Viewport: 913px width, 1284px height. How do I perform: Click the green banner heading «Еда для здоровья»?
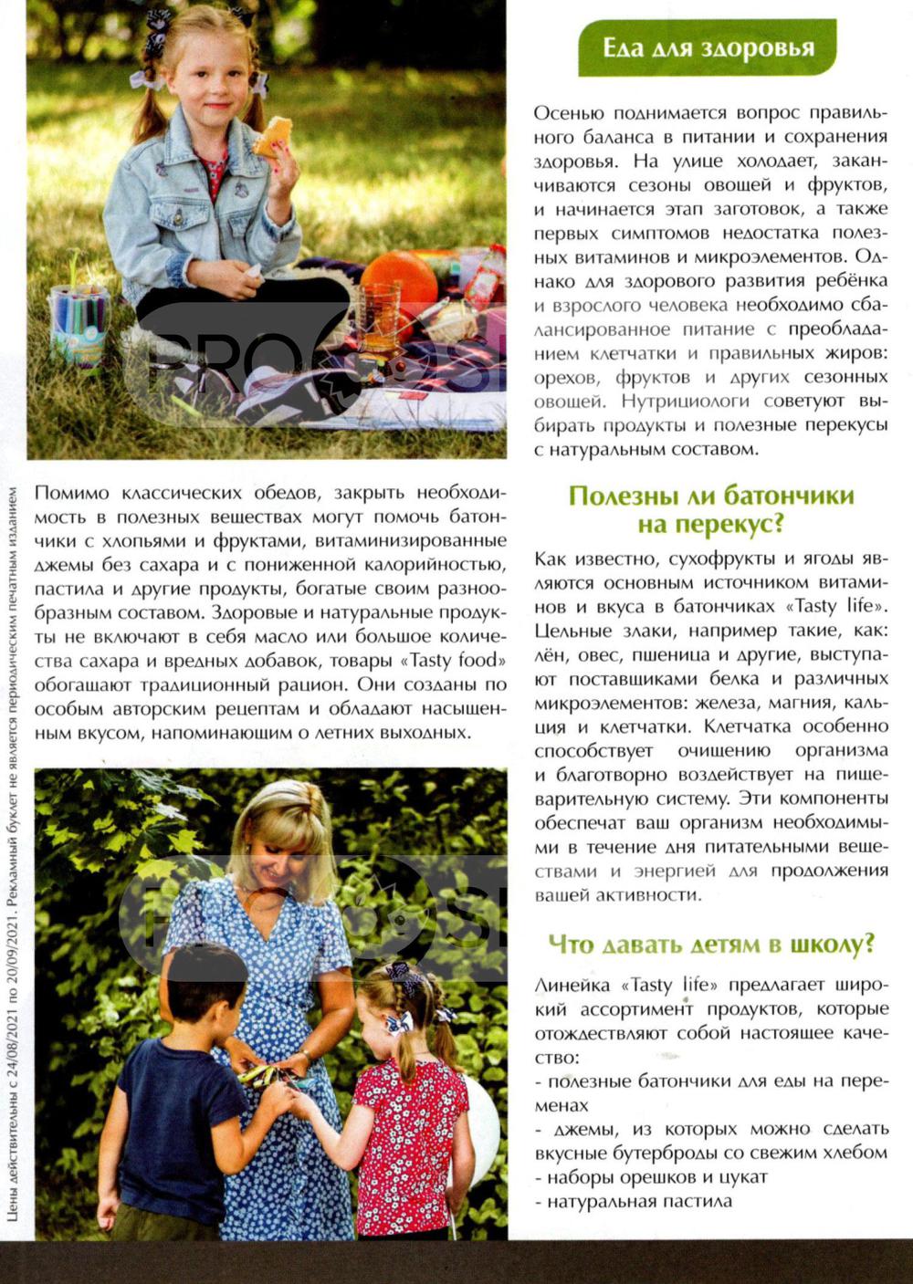(708, 47)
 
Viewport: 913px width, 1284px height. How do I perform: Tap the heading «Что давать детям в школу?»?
(711, 944)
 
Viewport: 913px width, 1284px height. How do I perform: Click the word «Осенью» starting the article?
(568, 113)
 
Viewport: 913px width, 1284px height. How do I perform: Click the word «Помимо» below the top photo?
(71, 493)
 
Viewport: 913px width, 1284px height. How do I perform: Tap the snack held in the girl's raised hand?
(272, 136)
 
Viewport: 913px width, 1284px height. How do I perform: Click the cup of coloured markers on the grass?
(79, 320)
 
